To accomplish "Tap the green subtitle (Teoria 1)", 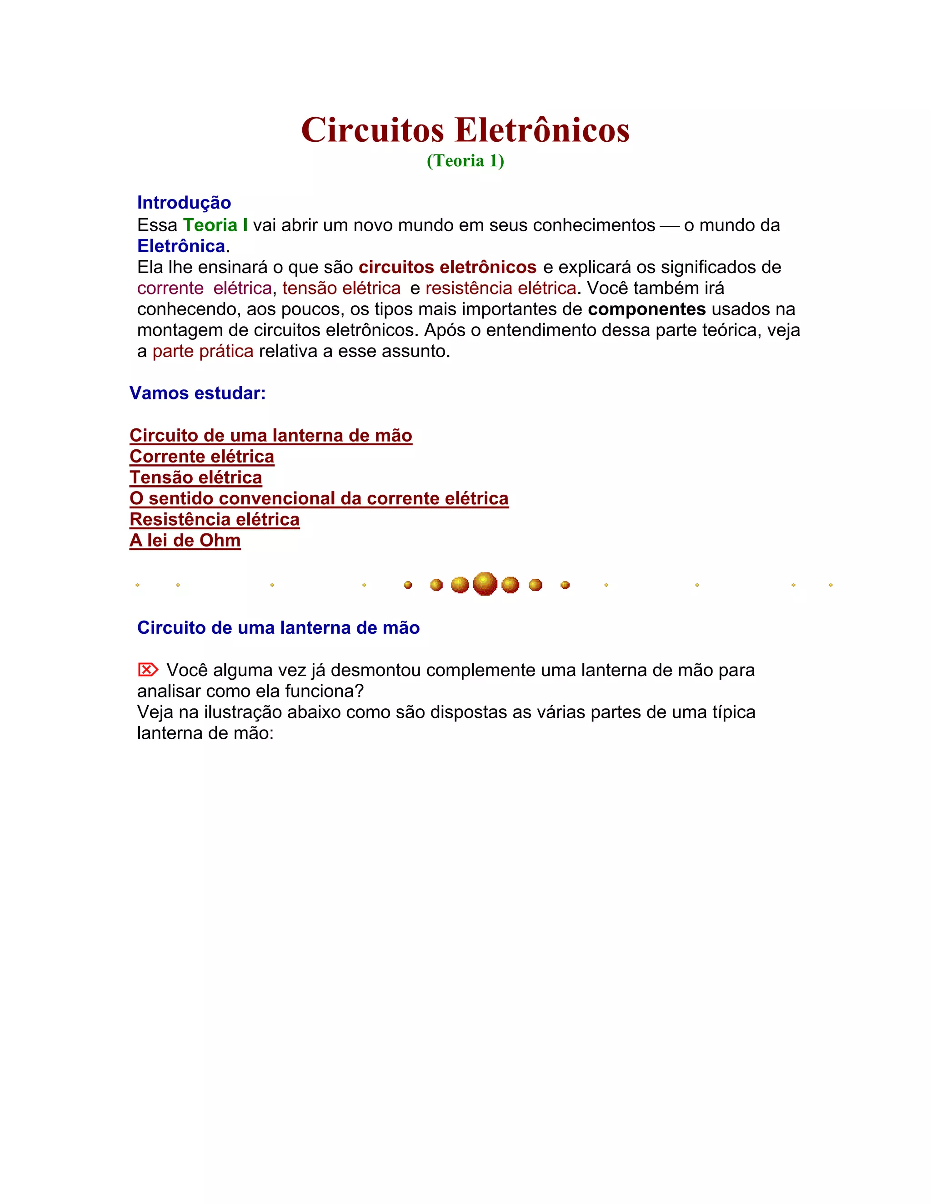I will coord(465,160).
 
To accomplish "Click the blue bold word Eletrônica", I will coord(181,246).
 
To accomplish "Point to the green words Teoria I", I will coord(215,225).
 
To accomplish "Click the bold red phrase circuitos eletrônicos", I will coord(447,267).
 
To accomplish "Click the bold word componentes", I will coord(646,309).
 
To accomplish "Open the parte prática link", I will coord(203,351).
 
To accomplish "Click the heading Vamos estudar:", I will coord(197,393).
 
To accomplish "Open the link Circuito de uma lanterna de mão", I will coord(271,436).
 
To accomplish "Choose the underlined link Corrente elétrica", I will coord(202,457).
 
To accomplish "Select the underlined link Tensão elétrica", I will coord(196,478).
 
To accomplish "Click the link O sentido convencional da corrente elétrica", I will coord(319,498).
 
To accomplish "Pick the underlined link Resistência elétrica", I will coord(215,519).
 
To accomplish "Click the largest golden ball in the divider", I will coord(485,584).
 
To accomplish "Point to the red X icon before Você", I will coord(147,670).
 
